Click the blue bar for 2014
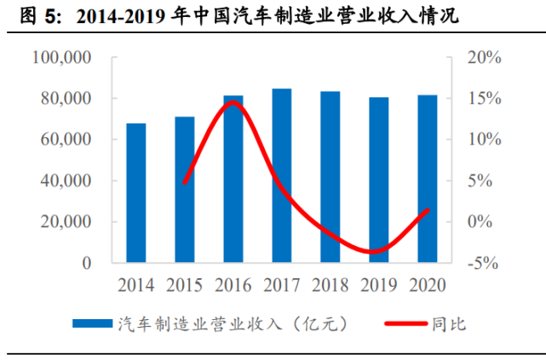[136, 193]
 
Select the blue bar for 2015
[185, 190]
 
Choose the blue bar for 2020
[428, 179]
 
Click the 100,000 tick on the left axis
[60, 57]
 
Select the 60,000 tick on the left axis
[65, 140]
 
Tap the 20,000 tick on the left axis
[65, 222]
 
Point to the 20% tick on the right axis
[483, 57]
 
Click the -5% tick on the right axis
[483, 263]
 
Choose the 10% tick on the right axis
[483, 140]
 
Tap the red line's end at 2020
[428, 209]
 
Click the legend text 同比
[450, 324]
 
